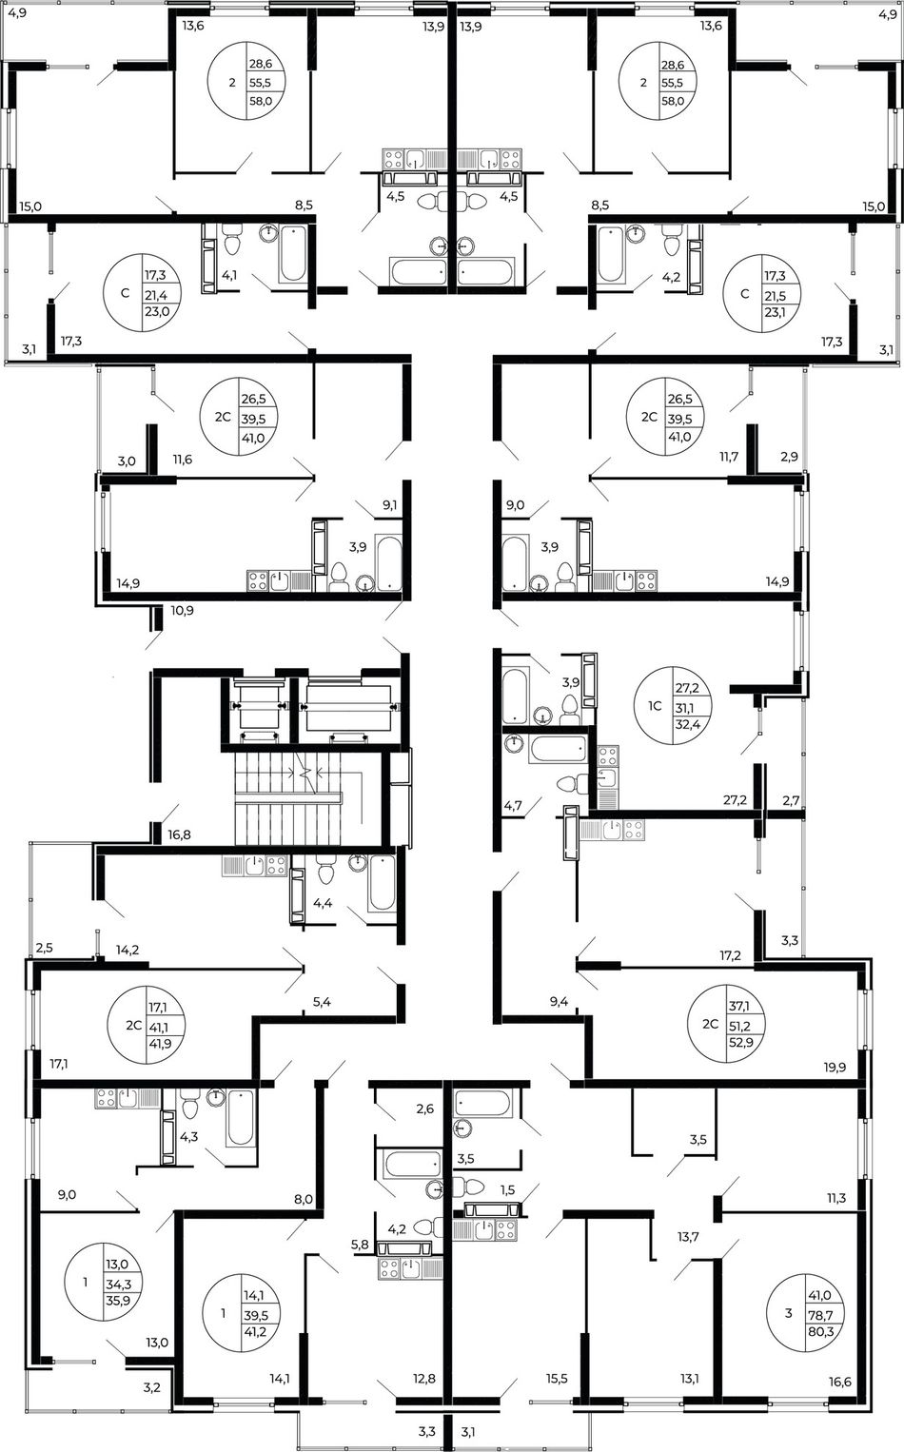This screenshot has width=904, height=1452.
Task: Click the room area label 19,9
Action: (x=836, y=1067)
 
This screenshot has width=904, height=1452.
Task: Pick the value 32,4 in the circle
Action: (x=683, y=725)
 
